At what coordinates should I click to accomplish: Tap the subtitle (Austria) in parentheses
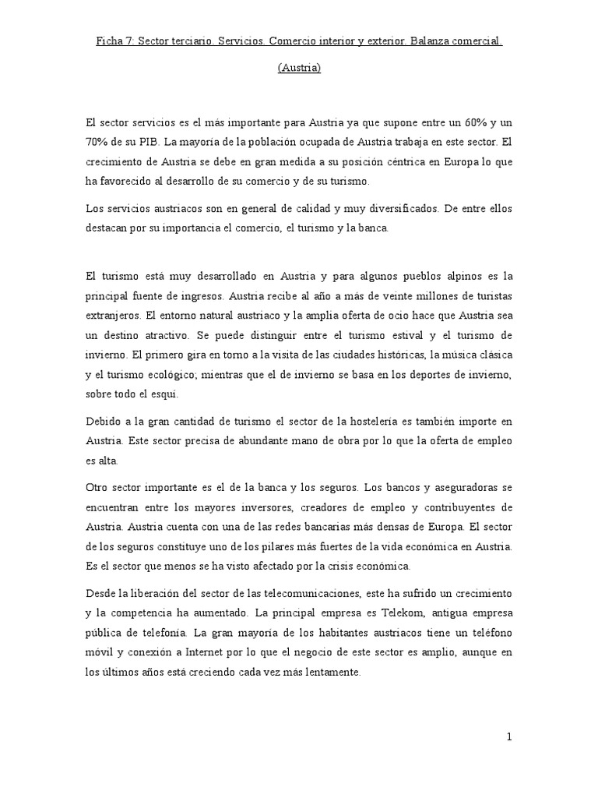click(x=299, y=68)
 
